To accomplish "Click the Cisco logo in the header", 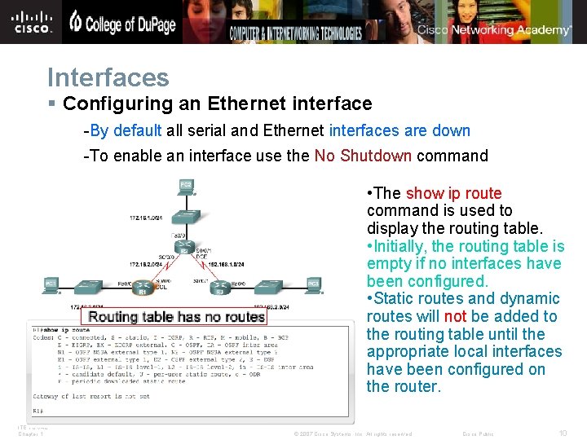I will coord(33,21).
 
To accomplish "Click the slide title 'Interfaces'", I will coord(108,77).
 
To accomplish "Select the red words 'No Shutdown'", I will coord(363,156).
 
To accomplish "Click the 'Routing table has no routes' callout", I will coord(176,316).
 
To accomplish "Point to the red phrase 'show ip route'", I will coord(453,193).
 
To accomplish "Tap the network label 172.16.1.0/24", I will coord(148,219).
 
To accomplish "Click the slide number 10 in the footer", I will coord(563,433).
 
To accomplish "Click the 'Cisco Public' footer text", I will coord(479,433).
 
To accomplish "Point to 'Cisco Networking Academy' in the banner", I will coord(494,30).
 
